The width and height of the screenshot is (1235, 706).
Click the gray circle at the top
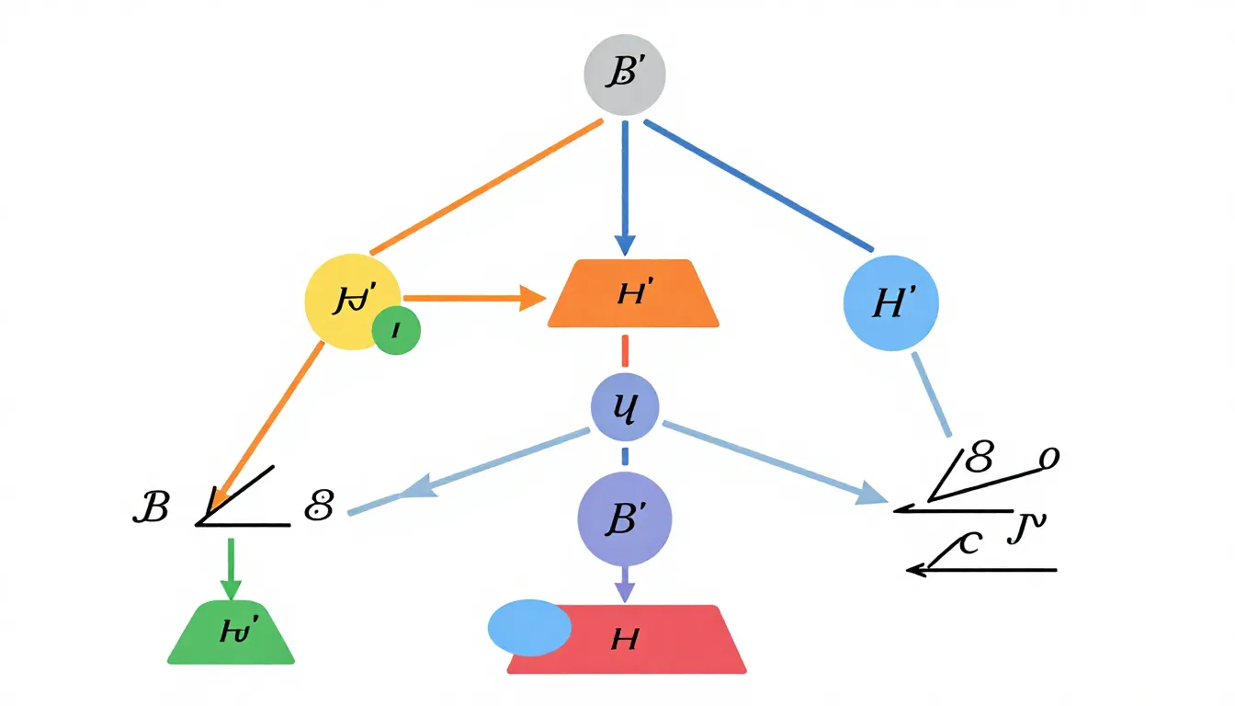coord(625,76)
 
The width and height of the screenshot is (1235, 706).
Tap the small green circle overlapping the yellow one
coord(396,330)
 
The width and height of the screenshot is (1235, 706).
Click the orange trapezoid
coord(633,294)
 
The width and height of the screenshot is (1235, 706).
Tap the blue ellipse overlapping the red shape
coord(529,628)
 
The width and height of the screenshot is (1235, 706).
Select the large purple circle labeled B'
coord(625,519)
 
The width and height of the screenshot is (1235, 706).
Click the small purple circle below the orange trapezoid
coord(625,405)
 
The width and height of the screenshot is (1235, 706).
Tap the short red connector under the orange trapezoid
coord(625,350)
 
